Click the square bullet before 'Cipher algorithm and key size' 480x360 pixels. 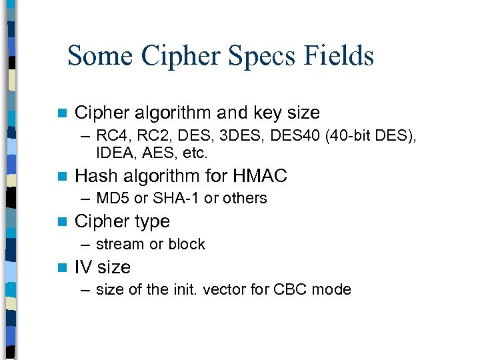63,113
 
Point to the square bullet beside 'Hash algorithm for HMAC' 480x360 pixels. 63,177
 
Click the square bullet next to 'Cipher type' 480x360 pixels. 63,222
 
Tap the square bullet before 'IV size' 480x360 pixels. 63,268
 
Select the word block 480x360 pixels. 187,244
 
